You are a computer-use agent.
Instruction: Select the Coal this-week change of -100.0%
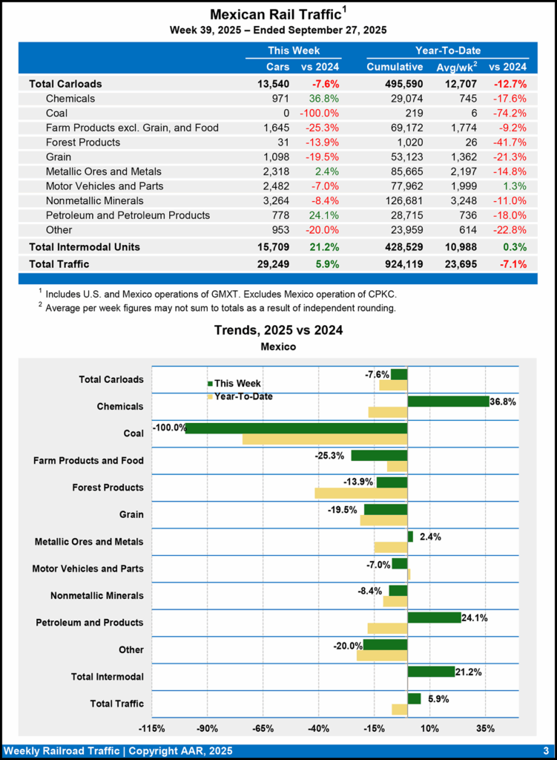click(x=320, y=113)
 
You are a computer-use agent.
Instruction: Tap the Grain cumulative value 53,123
click(x=406, y=157)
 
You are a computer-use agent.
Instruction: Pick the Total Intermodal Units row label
click(x=85, y=246)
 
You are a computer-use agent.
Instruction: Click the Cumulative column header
click(x=395, y=68)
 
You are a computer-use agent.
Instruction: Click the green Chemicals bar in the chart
click(x=448, y=402)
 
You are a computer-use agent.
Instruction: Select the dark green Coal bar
click(x=296, y=428)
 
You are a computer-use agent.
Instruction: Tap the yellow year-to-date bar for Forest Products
click(x=360, y=493)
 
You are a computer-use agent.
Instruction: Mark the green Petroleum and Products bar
click(x=434, y=617)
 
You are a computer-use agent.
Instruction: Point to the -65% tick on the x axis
click(x=263, y=728)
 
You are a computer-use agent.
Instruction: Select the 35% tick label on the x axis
click(x=485, y=728)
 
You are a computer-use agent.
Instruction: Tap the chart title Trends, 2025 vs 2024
click(x=278, y=330)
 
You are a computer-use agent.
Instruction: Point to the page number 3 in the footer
click(x=545, y=750)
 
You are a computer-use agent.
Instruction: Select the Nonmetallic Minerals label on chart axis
click(x=97, y=595)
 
